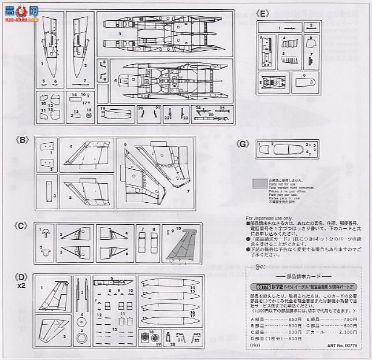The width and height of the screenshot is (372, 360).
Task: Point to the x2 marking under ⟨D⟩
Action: tap(21, 285)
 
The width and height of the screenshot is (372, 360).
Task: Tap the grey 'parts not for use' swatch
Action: tap(261, 184)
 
